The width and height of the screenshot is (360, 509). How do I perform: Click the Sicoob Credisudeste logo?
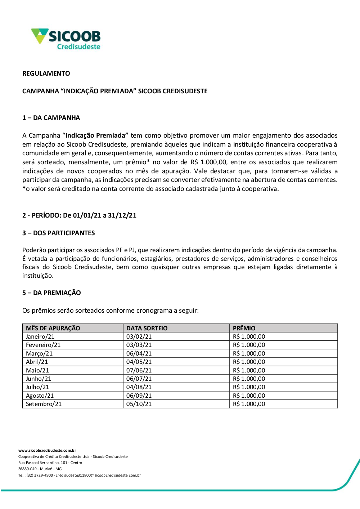pyautogui.click(x=66, y=39)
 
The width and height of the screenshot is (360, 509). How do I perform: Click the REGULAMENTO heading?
pyautogui.click(x=46, y=73)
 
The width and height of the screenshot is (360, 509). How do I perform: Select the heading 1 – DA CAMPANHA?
pyautogui.click(x=51, y=118)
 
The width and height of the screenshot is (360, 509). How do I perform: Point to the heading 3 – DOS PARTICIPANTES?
pyautogui.click(x=59, y=233)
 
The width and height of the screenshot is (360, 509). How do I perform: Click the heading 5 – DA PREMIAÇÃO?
pyautogui.click(x=51, y=293)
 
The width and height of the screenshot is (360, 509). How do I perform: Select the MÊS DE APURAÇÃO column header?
pyautogui.click(x=53, y=328)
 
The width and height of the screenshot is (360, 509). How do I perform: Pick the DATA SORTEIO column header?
pyautogui.click(x=147, y=328)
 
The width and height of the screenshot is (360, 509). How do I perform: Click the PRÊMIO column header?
pyautogui.click(x=244, y=328)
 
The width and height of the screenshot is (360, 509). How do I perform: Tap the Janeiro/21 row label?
pyautogui.click(x=40, y=336)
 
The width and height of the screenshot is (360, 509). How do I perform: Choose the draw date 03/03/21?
pyautogui.click(x=139, y=345)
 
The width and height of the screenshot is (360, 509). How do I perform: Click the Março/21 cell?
pyautogui.click(x=39, y=353)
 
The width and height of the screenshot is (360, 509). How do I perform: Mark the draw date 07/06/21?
pyautogui.click(x=139, y=370)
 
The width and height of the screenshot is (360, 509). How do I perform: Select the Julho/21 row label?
pyautogui.click(x=37, y=387)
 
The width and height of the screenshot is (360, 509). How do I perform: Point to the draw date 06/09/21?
pyautogui.click(x=139, y=396)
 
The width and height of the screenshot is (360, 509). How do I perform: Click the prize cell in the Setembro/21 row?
pyautogui.click(x=249, y=404)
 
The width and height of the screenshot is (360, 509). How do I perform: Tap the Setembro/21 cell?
pyautogui.click(x=44, y=404)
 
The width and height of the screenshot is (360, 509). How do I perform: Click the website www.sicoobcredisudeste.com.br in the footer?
pyautogui.click(x=47, y=450)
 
